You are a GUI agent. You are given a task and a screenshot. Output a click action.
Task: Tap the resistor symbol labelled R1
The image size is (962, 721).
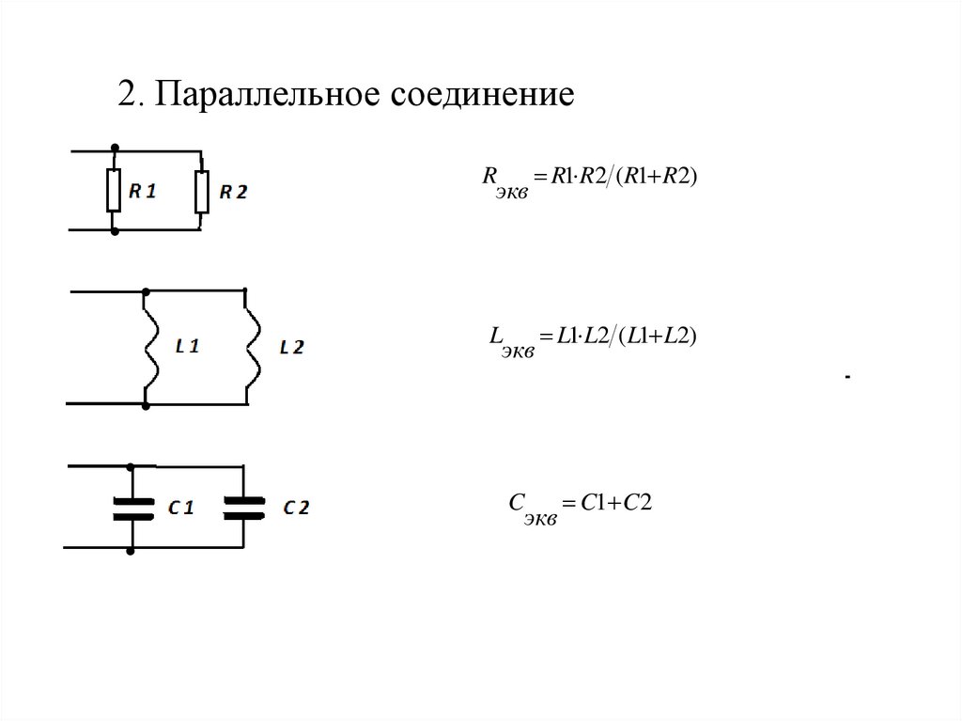pos(114,191)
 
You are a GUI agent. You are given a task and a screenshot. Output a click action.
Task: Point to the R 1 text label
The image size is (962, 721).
pos(143,191)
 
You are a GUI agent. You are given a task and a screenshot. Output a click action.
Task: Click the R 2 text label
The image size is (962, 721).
pos(232,192)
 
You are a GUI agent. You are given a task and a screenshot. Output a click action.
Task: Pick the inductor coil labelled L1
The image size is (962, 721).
pos(147,346)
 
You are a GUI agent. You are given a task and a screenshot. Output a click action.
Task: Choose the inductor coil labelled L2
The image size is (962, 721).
pos(248,346)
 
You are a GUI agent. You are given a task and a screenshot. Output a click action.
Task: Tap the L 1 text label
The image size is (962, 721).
pos(187,346)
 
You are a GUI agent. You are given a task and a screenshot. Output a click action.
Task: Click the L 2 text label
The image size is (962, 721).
pos(291,347)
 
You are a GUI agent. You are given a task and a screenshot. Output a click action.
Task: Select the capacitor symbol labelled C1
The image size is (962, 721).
pos(132,508)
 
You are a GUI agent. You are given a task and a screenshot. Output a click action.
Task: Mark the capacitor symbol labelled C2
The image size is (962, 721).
pos(244,508)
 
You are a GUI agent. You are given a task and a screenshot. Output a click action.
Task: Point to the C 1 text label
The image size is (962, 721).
pos(181,509)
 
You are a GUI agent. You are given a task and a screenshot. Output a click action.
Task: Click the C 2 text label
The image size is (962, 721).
pos(296,509)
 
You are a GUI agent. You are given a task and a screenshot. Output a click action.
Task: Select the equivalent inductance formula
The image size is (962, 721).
pos(593,338)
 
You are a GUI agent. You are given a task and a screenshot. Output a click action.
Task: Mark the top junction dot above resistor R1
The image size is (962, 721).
pos(114,149)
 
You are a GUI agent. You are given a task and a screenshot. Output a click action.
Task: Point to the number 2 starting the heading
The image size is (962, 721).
pos(125,96)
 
